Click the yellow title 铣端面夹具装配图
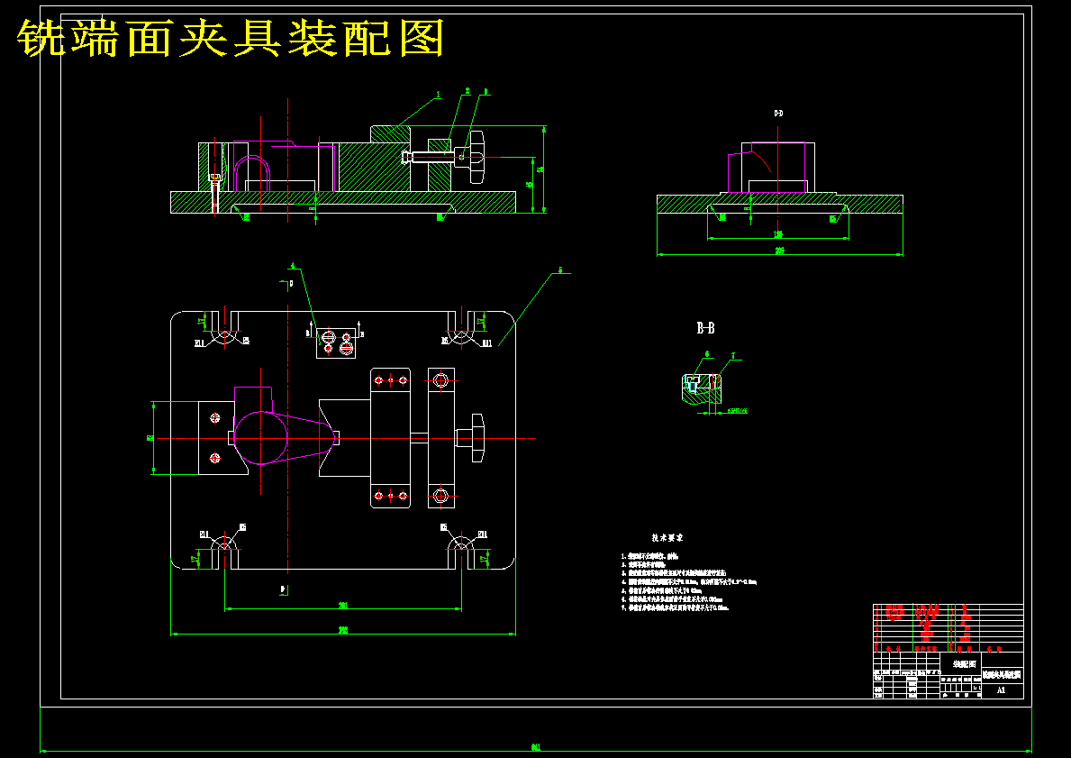(x=231, y=39)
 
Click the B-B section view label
(x=705, y=328)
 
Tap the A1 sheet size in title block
(x=1001, y=690)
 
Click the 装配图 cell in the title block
(x=963, y=663)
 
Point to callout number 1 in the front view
(x=438, y=94)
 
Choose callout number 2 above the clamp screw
(x=467, y=91)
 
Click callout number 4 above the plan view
(x=292, y=266)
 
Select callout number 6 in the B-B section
(x=707, y=354)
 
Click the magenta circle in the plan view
(x=261, y=437)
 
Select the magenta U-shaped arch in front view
(x=251, y=170)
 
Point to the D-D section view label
(x=778, y=114)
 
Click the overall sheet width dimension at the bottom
(x=535, y=747)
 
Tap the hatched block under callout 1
(x=391, y=132)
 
